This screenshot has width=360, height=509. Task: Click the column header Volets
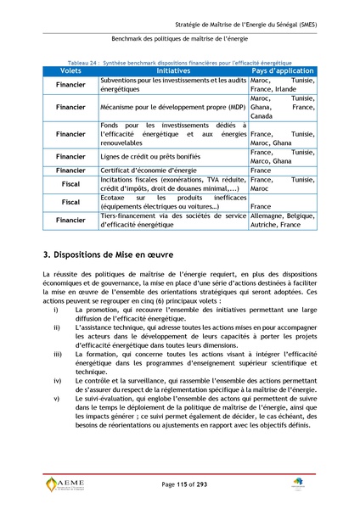70,71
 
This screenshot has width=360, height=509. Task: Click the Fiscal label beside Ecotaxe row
70,203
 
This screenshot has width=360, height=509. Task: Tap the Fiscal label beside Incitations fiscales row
70,184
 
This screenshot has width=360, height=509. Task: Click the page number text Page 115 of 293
180,484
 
